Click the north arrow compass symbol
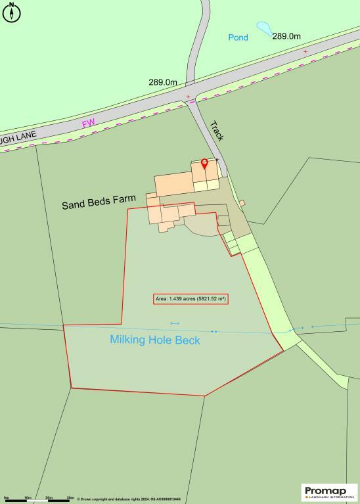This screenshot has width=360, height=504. tap(11, 12)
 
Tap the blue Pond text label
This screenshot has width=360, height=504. tap(238, 37)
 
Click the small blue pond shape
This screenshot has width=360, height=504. tap(263, 28)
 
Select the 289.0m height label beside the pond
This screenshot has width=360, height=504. tap(286, 36)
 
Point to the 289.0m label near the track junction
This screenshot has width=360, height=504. tap(162, 82)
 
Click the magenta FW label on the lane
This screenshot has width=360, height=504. tap(88, 124)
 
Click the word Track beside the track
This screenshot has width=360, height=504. tap(217, 130)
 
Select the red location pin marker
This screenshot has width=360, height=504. tap(204, 164)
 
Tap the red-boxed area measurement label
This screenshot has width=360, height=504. tap(191, 299)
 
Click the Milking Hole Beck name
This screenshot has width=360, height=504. tap(155, 340)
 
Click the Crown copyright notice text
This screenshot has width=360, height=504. tap(128, 499)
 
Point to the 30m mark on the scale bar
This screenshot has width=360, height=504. tap(70, 499)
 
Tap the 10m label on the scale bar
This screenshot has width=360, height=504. tap(28, 499)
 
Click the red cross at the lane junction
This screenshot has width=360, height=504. tap(189, 97)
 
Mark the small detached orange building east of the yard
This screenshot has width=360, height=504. tap(242, 203)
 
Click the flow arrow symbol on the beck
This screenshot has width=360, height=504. tap(175, 323)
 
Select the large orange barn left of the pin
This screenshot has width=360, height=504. tap(172, 185)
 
